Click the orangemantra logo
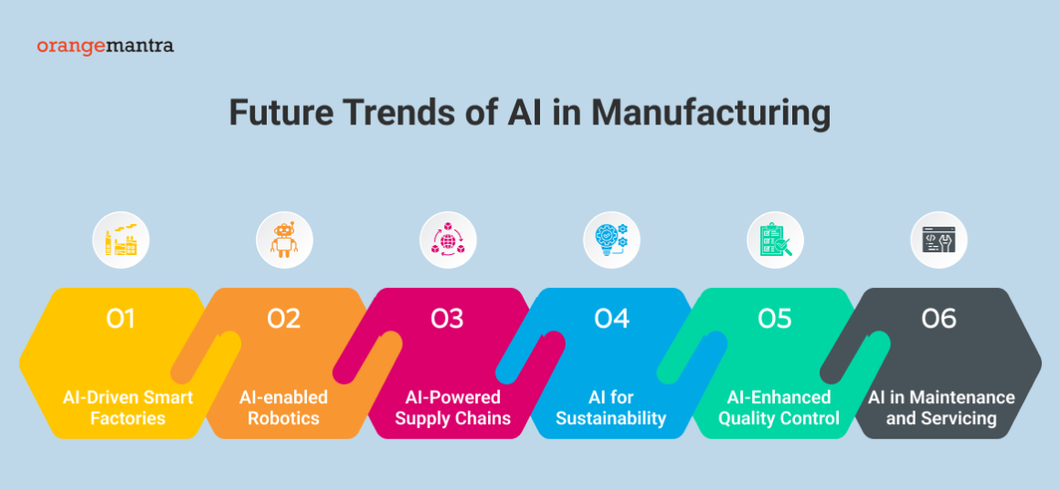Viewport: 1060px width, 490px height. pyautogui.click(x=105, y=45)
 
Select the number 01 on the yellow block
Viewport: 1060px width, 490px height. pyautogui.click(x=120, y=318)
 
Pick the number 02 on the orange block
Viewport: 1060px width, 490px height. pyautogui.click(x=284, y=318)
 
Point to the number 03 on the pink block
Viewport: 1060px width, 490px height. pyautogui.click(x=448, y=318)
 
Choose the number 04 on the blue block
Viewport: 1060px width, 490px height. pyautogui.click(x=611, y=318)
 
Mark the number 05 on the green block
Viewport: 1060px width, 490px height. pyautogui.click(x=775, y=318)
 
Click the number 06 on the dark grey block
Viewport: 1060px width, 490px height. pyautogui.click(x=938, y=318)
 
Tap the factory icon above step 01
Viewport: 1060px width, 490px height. pyautogui.click(x=121, y=240)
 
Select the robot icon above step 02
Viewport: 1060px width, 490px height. pyautogui.click(x=284, y=240)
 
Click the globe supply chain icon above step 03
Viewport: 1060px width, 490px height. pyautogui.click(x=448, y=240)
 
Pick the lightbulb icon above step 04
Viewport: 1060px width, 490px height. pyautogui.click(x=611, y=240)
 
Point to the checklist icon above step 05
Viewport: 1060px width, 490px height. pyautogui.click(x=775, y=240)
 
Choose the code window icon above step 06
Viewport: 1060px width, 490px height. pyautogui.click(x=938, y=240)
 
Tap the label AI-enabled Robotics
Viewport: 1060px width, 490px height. pyautogui.click(x=283, y=408)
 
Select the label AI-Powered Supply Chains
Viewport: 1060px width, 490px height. pyautogui.click(x=452, y=408)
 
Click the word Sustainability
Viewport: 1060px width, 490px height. pyautogui.click(x=611, y=419)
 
